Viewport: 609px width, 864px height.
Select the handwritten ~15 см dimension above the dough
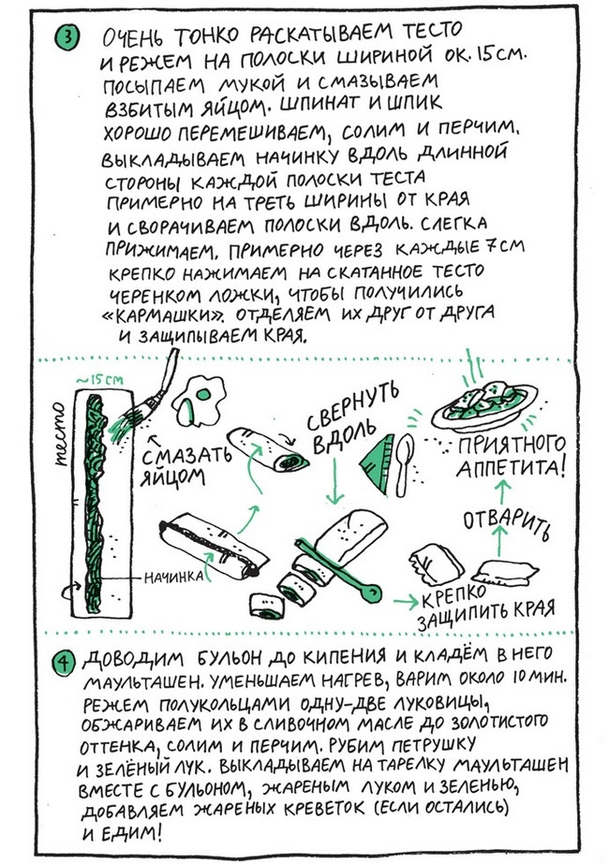[107, 380]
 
